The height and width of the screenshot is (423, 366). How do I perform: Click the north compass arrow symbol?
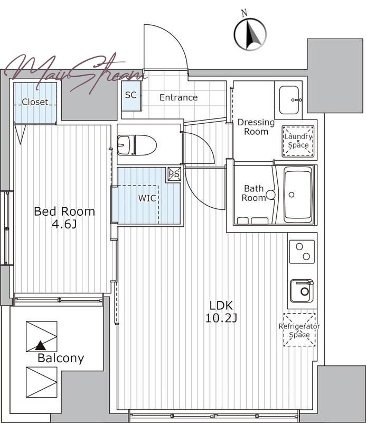tap(250, 34)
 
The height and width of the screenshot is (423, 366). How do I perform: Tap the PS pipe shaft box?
tap(174, 174)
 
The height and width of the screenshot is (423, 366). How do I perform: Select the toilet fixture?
tap(137, 145)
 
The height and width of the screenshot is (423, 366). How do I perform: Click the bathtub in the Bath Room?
tap(298, 194)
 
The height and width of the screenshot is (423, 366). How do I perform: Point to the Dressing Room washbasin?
tap(289, 100)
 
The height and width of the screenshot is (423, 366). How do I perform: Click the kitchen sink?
tap(302, 291)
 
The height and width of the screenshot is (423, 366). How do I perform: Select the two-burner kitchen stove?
tap(302, 252)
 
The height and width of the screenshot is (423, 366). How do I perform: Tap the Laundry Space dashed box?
tap(298, 141)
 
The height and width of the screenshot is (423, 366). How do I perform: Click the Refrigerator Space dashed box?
tap(299, 329)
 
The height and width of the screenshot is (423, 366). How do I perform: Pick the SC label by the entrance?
tap(131, 95)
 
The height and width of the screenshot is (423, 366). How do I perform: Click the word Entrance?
tap(179, 97)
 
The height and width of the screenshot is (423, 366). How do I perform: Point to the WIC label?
tap(147, 198)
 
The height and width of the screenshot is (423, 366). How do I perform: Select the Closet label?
tap(35, 102)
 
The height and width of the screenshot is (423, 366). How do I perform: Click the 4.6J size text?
tap(64, 224)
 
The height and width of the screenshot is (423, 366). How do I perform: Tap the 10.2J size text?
tap(221, 318)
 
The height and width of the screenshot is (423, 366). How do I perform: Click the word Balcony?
tap(61, 358)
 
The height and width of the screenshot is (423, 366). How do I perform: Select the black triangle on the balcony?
tap(41, 345)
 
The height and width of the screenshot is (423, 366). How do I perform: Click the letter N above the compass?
tap(244, 13)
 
